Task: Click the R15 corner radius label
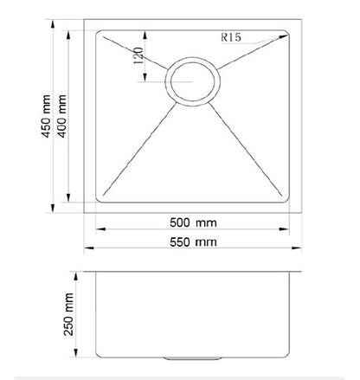(231, 37)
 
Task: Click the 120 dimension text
(138, 55)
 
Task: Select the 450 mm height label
(46, 116)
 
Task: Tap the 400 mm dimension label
(61, 116)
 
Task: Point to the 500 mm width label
(193, 222)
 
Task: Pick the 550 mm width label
(193, 242)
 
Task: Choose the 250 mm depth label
(68, 314)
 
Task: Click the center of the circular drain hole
(192, 81)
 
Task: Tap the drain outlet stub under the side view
(192, 358)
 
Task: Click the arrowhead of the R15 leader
(284, 36)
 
